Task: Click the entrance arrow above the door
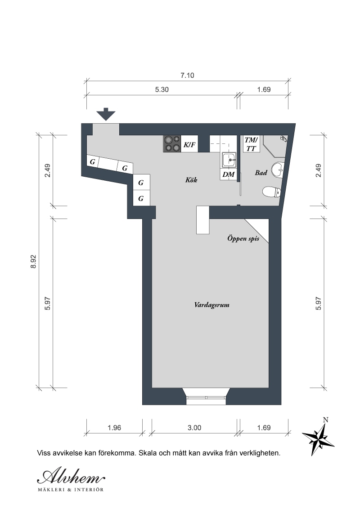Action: coord(106,114)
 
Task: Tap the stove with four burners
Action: coord(172,144)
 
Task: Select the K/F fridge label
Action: coord(189,144)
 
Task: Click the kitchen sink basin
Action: coord(229,160)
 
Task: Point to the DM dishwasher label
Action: coord(229,174)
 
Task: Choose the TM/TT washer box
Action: coord(251,144)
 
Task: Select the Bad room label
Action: coord(261,173)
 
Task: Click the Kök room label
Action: coord(191,179)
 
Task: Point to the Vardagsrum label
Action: coord(212,305)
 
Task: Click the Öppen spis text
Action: coord(243,239)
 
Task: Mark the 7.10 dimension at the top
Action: coord(188,75)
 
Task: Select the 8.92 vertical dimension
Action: coord(33,261)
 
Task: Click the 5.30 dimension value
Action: coord(162,89)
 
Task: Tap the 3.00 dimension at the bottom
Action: coord(194,428)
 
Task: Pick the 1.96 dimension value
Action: coord(114,428)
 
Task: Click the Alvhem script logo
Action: coord(71,477)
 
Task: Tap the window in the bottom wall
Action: coord(206,397)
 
